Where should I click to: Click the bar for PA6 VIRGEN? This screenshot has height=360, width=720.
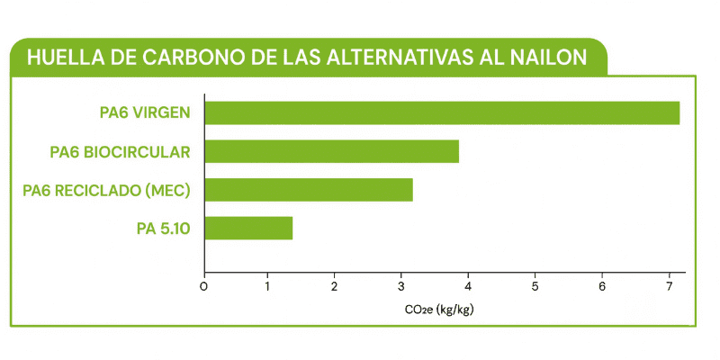[442, 112]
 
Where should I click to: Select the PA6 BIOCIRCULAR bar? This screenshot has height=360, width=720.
[331, 151]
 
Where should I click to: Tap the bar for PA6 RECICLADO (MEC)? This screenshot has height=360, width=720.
[309, 190]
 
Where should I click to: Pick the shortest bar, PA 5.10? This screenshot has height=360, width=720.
[248, 229]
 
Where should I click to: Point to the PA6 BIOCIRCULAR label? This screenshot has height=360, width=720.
[120, 151]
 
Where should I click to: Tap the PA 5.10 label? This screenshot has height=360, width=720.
[163, 229]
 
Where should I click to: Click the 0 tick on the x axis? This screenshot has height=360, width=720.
[204, 287]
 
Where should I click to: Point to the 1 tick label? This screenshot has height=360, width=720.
[268, 287]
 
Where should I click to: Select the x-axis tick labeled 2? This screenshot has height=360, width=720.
[335, 287]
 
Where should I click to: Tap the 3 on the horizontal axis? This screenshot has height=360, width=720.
[401, 287]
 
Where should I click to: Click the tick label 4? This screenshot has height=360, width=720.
[468, 287]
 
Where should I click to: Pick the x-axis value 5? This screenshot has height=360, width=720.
[535, 287]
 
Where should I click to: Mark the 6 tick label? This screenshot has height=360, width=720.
[601, 287]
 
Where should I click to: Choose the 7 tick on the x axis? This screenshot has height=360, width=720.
[668, 287]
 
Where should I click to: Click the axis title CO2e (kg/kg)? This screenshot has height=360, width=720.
[439, 310]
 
